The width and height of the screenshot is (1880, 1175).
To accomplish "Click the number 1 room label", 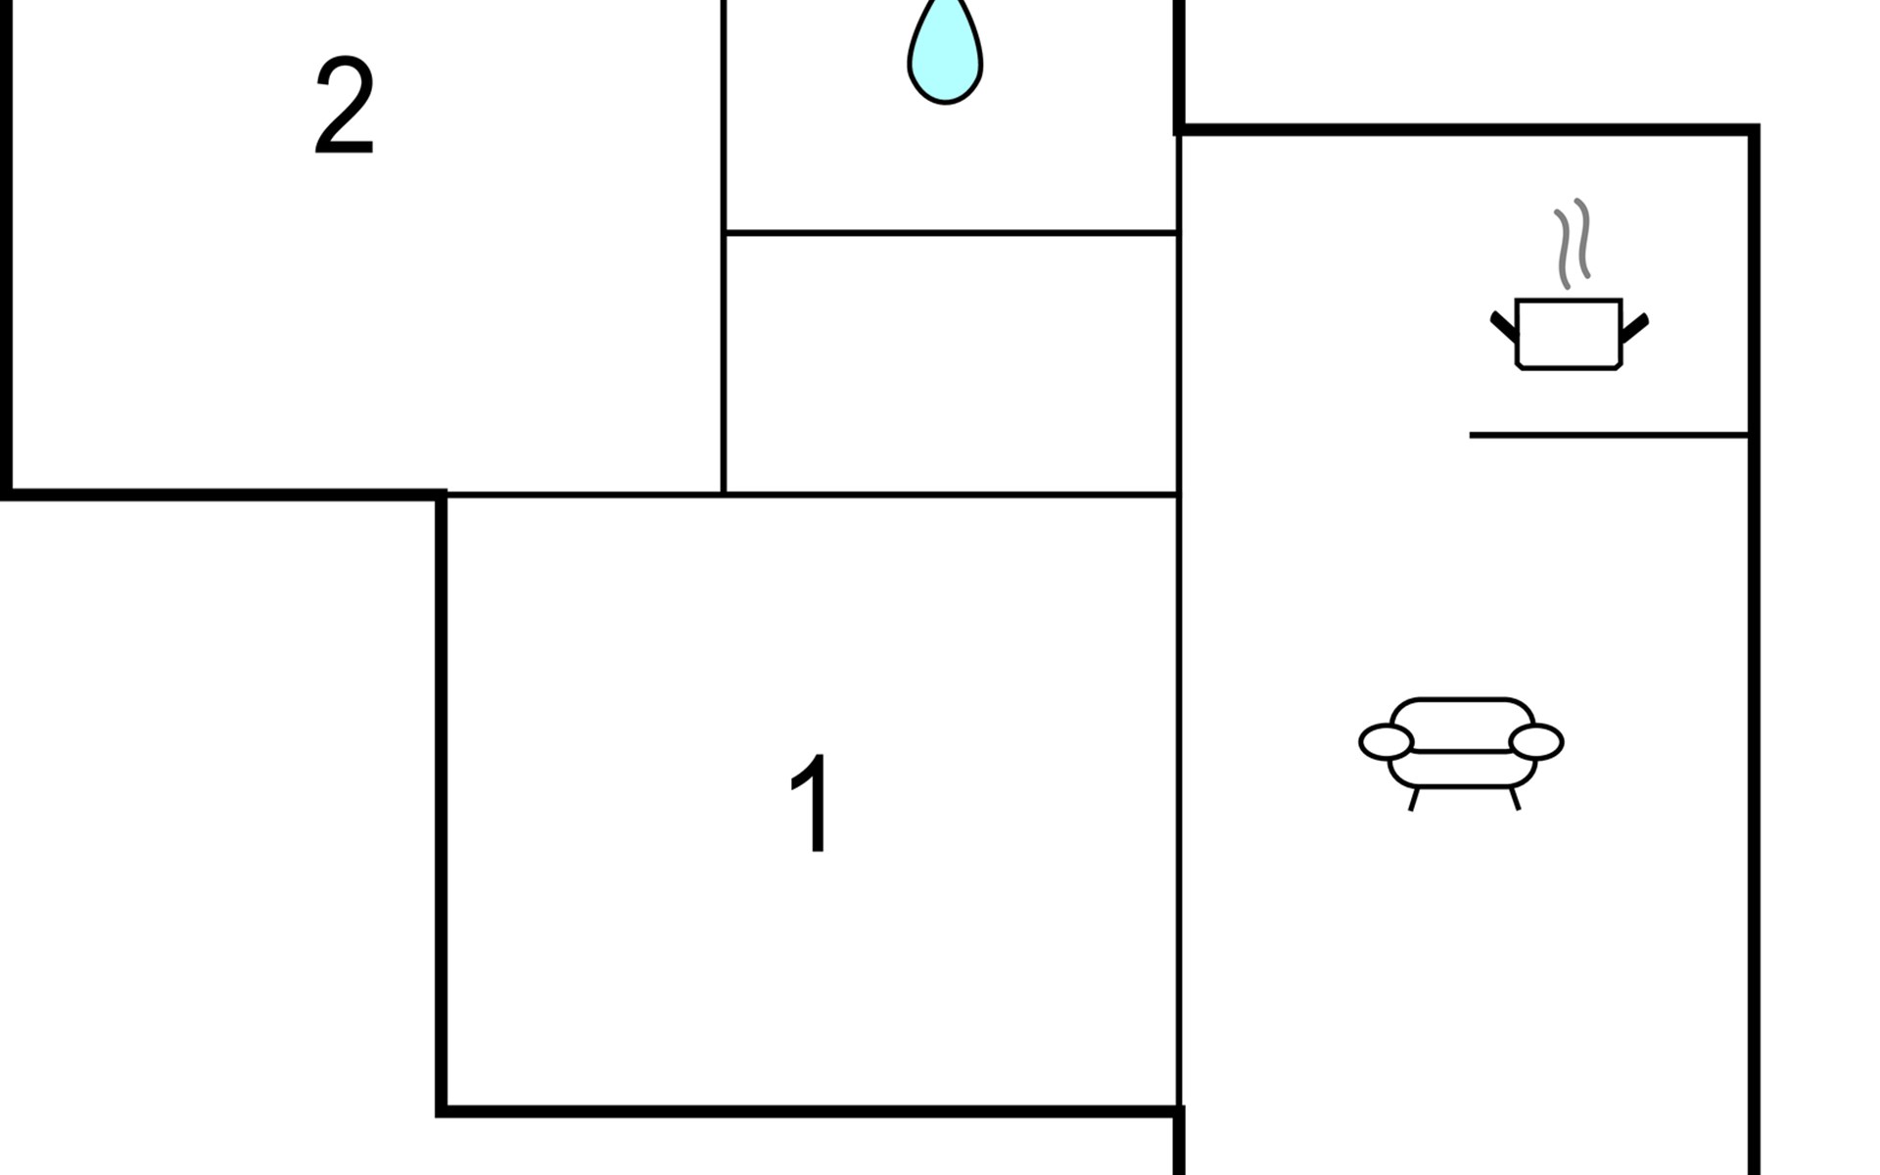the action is coord(811,803).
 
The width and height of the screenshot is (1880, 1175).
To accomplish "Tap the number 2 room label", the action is coord(344,105).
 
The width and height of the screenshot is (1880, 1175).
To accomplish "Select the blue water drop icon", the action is coord(945,51).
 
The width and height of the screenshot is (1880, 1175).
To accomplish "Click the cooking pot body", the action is coord(1569,334).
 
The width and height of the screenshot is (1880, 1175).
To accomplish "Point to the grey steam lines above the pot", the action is coord(1572,245).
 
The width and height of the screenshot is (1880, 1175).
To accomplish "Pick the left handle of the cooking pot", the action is coord(1504,326).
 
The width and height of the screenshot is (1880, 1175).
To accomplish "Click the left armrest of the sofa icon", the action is coord(1386,742).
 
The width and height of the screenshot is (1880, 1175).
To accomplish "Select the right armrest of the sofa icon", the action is coord(1536,741).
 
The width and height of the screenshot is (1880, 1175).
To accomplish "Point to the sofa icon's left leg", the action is coord(1414,799).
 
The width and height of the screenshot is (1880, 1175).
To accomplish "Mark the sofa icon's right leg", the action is coord(1515,798).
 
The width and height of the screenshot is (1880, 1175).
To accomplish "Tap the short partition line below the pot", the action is coord(1609,435).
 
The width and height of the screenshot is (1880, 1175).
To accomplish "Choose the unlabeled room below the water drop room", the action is coord(951,364).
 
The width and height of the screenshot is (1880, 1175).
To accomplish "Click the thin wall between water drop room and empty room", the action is coord(951,233).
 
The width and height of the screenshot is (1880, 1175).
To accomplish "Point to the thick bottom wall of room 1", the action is coord(810,1110).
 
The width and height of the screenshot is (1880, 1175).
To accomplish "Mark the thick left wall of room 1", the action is coord(442,803).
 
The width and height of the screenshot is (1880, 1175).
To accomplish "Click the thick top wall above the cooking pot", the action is coord(1466,129).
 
